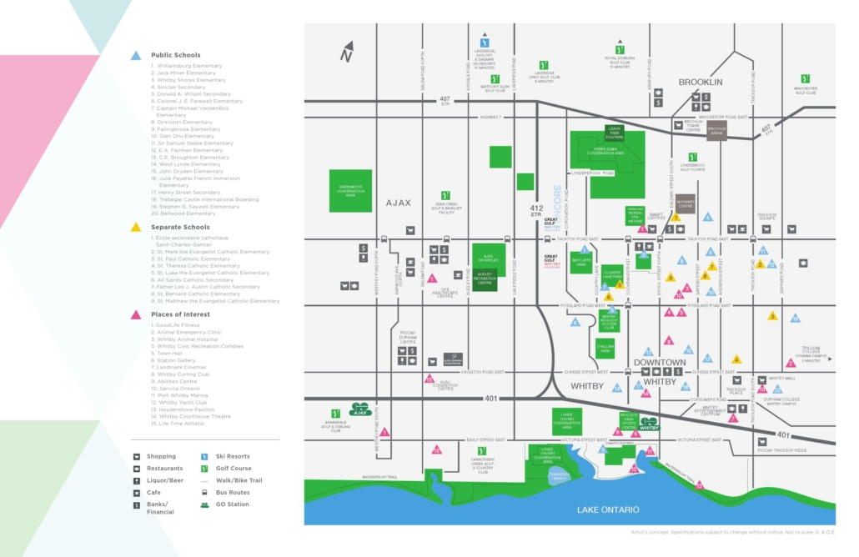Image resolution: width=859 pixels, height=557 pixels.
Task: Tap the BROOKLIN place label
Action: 700,82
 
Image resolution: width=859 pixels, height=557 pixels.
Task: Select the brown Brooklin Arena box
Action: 717,129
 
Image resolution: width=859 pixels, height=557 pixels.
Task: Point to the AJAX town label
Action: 398,203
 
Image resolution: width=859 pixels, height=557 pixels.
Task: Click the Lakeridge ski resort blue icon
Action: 484,42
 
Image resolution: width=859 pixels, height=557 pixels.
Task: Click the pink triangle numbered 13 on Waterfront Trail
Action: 699,484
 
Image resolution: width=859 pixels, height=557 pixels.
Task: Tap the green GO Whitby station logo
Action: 650,423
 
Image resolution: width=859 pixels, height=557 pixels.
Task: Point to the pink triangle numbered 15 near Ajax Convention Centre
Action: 429,379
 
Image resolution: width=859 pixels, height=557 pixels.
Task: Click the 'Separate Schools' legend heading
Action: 180,227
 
